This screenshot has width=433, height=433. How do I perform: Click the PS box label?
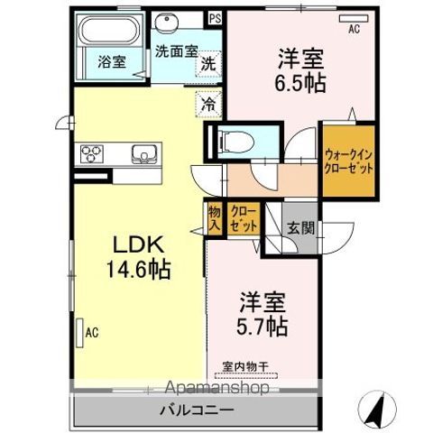(x=214, y=17)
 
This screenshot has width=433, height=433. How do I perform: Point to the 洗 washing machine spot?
(x=207, y=64)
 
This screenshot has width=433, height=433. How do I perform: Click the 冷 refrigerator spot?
(x=207, y=105)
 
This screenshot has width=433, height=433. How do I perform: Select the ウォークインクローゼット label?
(x=347, y=161)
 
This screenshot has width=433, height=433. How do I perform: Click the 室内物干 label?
(x=244, y=365)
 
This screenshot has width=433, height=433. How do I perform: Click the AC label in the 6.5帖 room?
(x=354, y=28)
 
